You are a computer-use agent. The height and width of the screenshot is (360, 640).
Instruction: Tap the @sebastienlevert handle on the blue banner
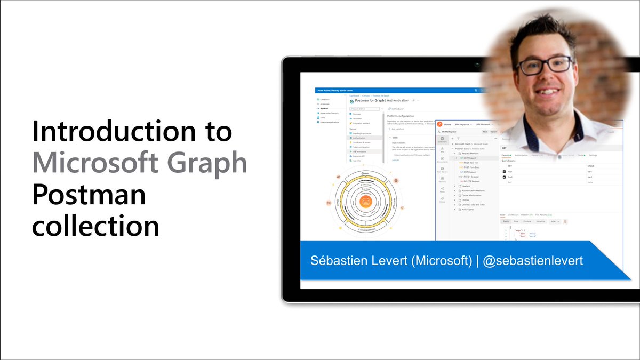[x=533, y=261]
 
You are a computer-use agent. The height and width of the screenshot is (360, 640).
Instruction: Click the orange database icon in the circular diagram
[x=365, y=202]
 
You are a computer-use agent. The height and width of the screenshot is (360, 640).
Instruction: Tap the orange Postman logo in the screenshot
[x=440, y=124]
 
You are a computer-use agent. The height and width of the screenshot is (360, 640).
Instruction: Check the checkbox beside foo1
[x=504, y=172]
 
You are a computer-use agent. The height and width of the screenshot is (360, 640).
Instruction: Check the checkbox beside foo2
[x=504, y=177]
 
